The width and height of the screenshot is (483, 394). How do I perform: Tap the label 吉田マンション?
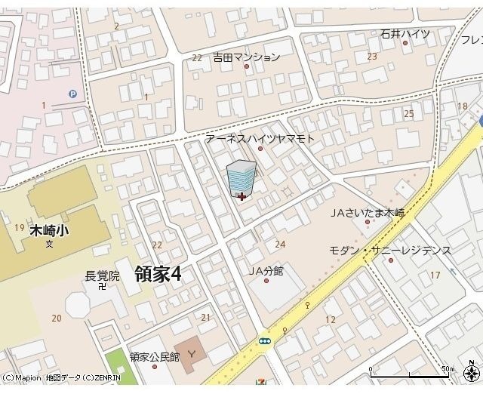click(246, 57)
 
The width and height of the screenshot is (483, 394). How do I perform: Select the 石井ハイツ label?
click(405, 34)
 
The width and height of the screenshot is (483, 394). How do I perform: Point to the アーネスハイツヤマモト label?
click(260, 139)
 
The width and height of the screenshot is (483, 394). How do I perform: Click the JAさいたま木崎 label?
click(368, 213)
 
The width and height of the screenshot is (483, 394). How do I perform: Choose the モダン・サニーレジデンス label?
click(390, 251)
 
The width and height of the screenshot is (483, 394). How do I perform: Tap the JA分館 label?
click(266, 271)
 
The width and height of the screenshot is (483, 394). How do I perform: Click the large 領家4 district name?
click(158, 274)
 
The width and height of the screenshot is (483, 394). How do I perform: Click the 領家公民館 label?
click(154, 357)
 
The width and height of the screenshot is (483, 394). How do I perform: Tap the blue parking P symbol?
click(73, 94)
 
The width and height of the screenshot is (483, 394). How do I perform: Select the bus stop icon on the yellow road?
click(266, 341)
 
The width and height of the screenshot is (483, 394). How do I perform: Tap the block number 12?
click(330, 320)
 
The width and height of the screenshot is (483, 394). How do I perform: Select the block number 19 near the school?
click(19, 227)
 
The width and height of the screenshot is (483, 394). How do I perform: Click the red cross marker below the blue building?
click(241, 197)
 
